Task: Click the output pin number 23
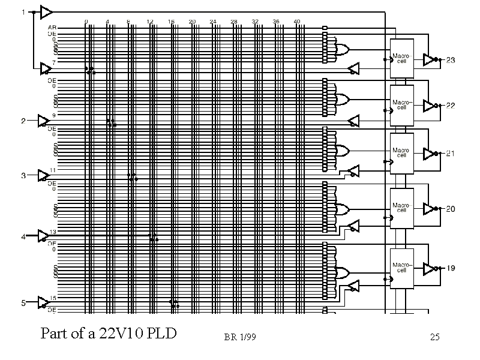coord(451,60)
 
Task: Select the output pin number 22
coord(451,106)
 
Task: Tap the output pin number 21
coord(451,153)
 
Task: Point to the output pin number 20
coord(451,209)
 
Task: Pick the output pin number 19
coord(451,268)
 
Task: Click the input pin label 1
coord(23,11)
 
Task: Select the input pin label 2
coord(23,121)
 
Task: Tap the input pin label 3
coord(23,176)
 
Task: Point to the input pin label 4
coord(23,237)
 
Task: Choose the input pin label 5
coord(23,303)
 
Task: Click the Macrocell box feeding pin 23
coord(401,58)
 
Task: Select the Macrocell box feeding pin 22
coord(401,105)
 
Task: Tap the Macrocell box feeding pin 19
coord(401,267)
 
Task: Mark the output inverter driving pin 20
coord(430,209)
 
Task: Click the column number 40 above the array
coord(297,22)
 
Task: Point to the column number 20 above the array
coord(192,22)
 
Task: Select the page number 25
coord(435,337)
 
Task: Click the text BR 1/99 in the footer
coord(240,337)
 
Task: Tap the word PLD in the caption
coord(163,332)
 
